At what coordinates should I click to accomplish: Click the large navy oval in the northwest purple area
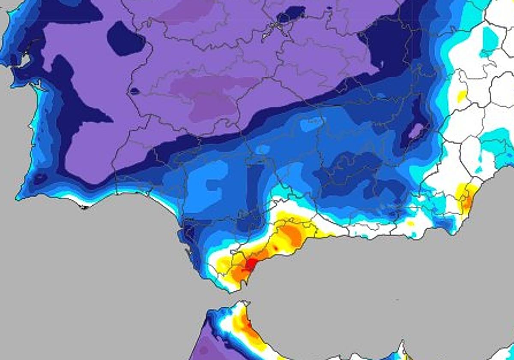(x=125, y=39)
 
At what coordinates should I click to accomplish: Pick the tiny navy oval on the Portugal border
(x=134, y=91)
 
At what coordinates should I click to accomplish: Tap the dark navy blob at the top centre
(x=291, y=15)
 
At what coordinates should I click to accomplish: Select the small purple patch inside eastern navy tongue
(x=415, y=130)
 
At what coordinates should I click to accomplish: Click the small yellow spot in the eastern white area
(x=462, y=96)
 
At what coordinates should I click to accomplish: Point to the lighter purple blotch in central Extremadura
(x=210, y=96)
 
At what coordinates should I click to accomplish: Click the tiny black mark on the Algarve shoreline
(x=84, y=208)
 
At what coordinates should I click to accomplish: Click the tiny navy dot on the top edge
(x=329, y=7)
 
